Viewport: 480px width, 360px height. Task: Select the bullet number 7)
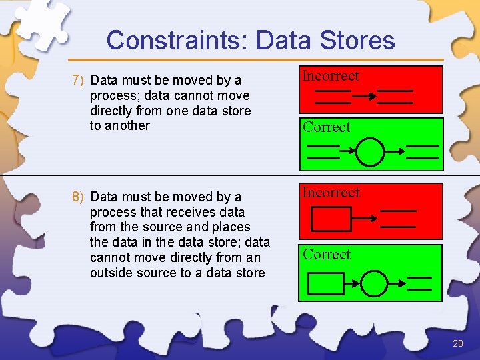tap(78, 81)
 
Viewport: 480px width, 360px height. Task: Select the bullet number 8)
tap(78, 197)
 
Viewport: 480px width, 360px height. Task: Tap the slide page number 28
tap(457, 343)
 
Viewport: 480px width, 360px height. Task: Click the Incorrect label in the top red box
tap(331, 76)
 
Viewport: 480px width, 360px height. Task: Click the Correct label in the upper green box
tap(327, 127)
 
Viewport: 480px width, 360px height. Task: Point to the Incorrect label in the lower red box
tap(331, 193)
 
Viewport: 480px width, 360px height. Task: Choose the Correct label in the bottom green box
tap(327, 255)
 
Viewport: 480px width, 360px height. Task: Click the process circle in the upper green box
tap(371, 152)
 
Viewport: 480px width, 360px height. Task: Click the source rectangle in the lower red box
tap(331, 218)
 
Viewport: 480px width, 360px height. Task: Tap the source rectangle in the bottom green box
tap(326, 283)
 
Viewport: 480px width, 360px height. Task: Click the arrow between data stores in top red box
tap(364, 97)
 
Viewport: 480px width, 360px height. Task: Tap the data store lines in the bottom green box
tap(419, 283)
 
